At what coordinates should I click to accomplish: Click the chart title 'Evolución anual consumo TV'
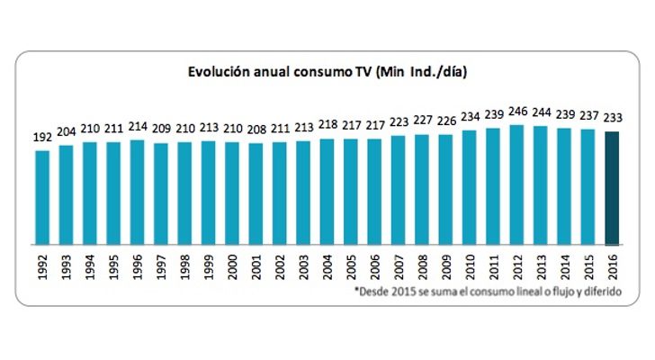327,70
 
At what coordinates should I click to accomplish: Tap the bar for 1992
43,197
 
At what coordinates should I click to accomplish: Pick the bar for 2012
517,184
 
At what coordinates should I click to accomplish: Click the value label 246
517,115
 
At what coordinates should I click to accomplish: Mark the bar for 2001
256,193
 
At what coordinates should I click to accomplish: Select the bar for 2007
399,189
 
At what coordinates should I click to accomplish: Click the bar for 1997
162,193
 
